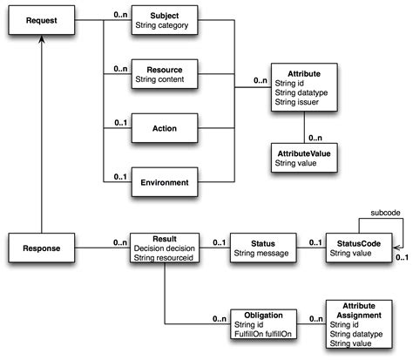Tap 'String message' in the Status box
click(x=261, y=254)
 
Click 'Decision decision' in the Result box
click(x=165, y=248)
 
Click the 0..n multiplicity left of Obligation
click(x=218, y=320)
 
